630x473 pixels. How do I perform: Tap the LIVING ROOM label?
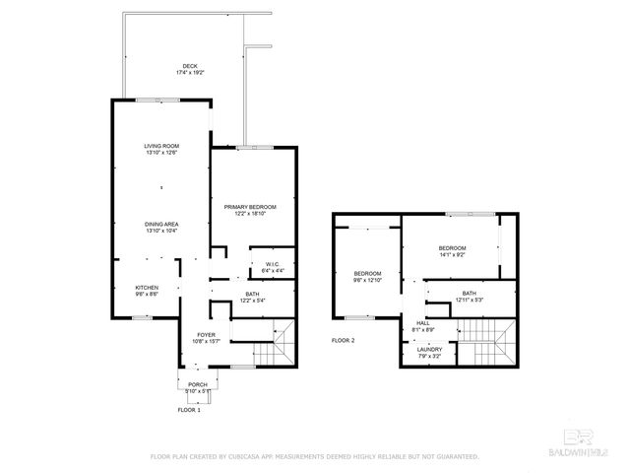coord(161,146)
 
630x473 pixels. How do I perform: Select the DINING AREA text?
coord(161,224)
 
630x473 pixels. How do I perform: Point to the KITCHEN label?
coord(146,288)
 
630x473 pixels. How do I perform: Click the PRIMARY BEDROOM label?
coord(249,206)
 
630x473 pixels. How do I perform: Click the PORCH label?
coord(197,384)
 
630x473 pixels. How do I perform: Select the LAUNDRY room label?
coord(429,349)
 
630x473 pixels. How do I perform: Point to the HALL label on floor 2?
coord(423,322)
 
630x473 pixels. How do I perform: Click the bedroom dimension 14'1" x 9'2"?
coord(452,255)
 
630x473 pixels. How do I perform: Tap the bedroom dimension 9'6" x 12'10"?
coord(367,279)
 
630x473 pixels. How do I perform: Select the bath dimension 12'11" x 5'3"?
coord(469,300)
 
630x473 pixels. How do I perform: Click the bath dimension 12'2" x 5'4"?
coord(252,301)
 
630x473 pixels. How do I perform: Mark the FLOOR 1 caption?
coord(188,408)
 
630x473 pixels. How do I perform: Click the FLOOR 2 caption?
coord(343,340)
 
